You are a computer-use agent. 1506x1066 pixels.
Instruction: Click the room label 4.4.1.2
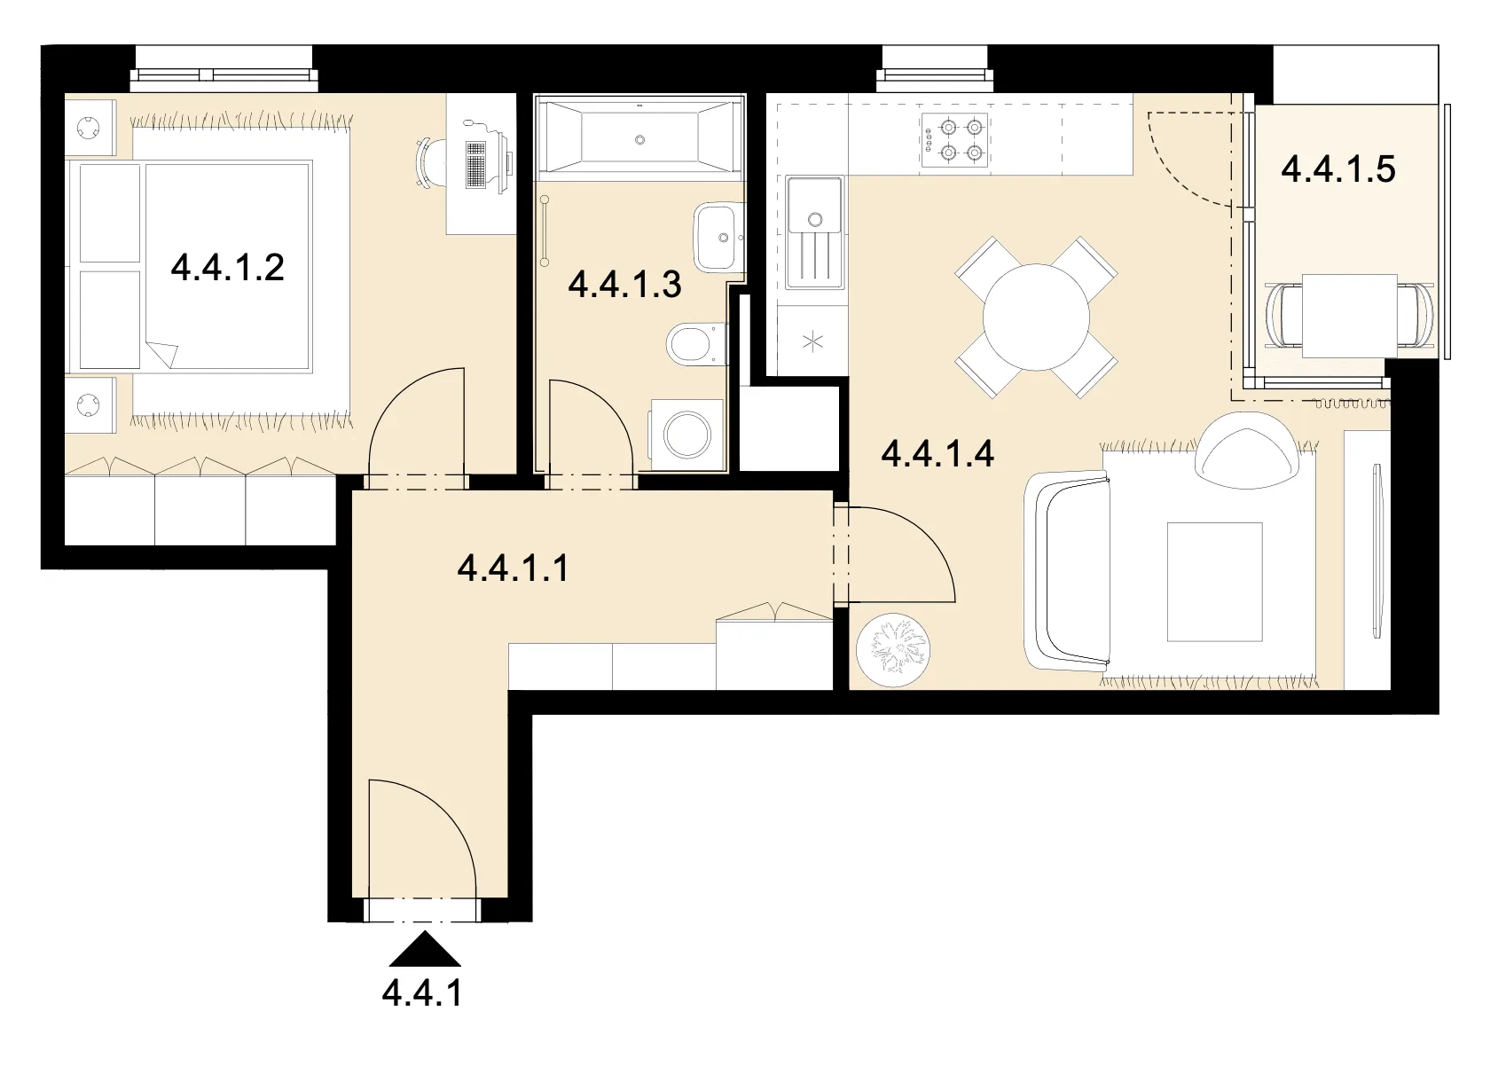227,268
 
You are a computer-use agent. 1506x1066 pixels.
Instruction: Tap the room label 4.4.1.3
624,285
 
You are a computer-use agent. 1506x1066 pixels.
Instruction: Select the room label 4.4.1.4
937,453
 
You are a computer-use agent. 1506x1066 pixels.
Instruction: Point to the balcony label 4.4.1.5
1337,169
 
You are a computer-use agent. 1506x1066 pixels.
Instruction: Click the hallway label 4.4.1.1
513,568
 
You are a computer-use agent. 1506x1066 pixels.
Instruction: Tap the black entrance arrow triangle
424,948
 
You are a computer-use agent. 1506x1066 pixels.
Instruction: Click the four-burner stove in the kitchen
954,140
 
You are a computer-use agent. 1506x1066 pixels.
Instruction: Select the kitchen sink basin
815,204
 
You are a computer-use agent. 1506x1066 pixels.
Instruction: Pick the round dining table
1036,317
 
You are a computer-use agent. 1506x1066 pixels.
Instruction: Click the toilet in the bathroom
697,344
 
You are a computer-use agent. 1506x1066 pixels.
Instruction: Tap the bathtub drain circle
640,140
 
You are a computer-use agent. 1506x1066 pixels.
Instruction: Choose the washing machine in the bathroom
686,435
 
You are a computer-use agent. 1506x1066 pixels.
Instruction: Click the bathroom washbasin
718,238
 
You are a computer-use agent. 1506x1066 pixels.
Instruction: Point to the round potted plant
893,650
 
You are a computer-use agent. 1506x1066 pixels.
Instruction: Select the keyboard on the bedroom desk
475,165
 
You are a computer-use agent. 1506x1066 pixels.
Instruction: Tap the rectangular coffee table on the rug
1214,582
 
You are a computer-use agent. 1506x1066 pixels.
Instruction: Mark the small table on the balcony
1349,316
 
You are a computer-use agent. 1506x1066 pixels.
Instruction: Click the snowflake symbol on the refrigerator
812,342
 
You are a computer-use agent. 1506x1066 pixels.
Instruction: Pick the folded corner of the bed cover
162,354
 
